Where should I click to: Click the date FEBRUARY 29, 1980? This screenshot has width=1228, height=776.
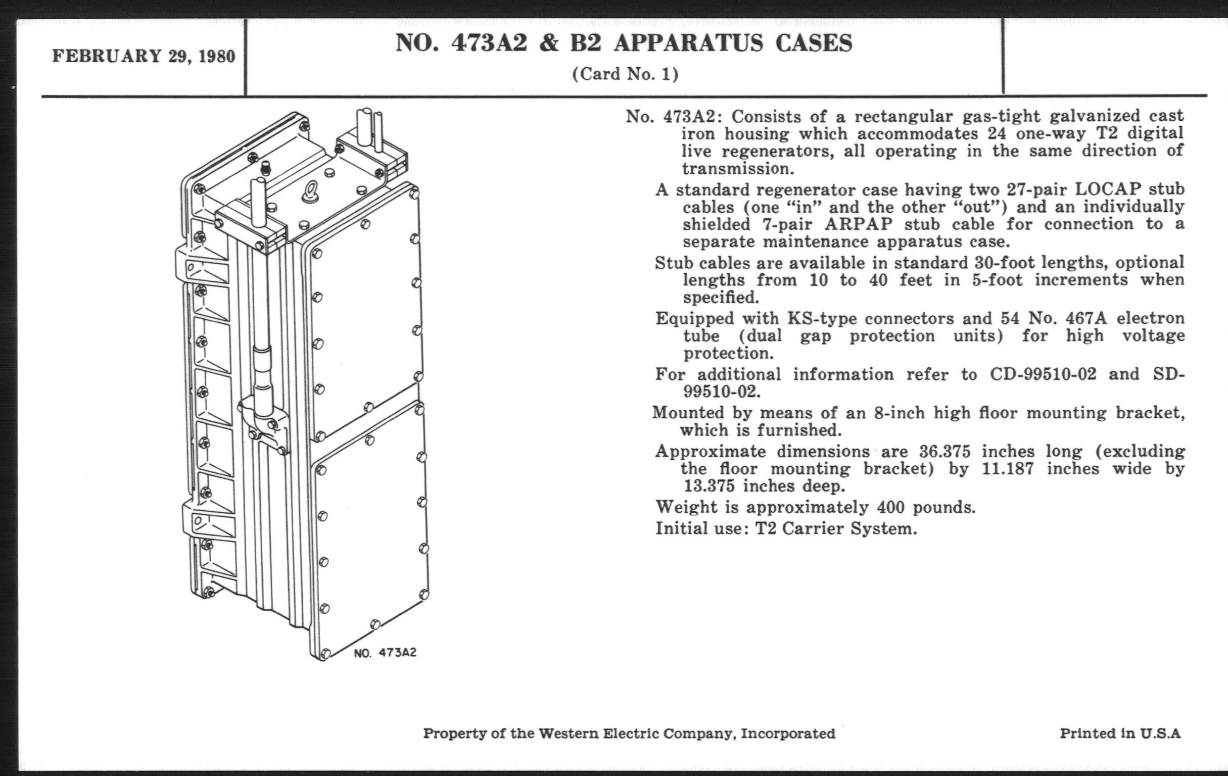point(144,56)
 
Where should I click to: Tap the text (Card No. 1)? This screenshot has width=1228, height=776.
point(625,74)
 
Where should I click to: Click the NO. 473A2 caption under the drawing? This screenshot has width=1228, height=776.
point(385,653)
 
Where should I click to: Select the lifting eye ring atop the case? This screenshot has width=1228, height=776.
point(310,192)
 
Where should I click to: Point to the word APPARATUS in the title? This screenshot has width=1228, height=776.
point(688,43)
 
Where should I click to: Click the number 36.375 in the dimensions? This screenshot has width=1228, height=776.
point(945,452)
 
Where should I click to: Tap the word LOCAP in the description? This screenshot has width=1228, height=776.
point(1107,189)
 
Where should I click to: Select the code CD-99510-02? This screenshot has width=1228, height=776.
point(1043,374)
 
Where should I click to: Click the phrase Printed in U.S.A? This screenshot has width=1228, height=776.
point(1120,733)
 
